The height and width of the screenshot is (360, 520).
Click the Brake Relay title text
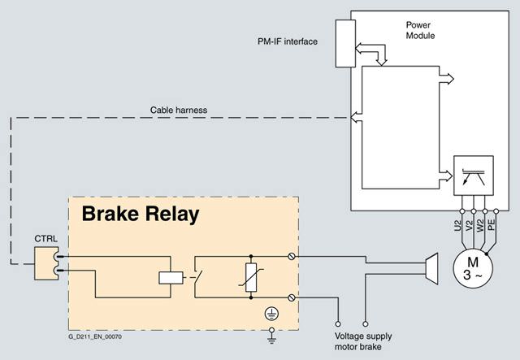[141, 214]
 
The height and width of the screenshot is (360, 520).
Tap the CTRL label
[45, 239]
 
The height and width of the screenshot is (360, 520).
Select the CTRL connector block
[46, 263]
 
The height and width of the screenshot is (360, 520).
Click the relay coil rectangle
[171, 278]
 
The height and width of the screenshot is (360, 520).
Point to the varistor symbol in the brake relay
[251, 277]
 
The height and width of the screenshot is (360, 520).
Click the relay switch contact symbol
[198, 277]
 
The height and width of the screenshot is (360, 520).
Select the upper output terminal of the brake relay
[292, 256]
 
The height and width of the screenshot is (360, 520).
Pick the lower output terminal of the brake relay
[292, 297]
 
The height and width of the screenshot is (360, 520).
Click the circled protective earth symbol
[271, 314]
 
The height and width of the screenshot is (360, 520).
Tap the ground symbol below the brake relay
[271, 336]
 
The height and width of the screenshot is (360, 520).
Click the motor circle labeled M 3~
[473, 268]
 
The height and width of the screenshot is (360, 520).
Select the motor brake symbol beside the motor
[431, 269]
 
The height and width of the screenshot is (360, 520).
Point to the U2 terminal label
[457, 226]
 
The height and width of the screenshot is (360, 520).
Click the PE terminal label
[492, 225]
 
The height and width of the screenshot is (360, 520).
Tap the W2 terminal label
[480, 225]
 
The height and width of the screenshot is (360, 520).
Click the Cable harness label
[179, 111]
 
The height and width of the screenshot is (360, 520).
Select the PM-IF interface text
[288, 41]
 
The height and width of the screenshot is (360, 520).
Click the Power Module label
[420, 30]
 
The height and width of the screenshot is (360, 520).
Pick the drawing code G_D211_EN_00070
[95, 336]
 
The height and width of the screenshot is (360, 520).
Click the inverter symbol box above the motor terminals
[474, 176]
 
